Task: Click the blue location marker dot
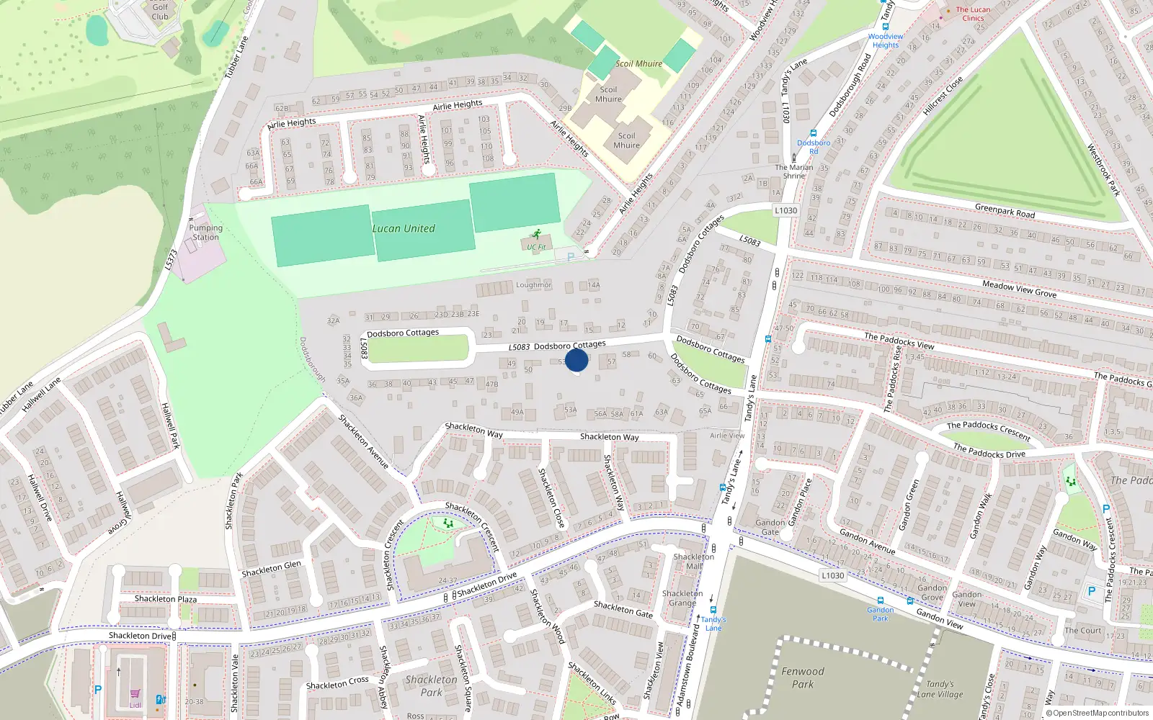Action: pyautogui.click(x=576, y=360)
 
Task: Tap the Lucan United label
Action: pyautogui.click(x=404, y=228)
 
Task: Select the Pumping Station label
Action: pyautogui.click(x=205, y=232)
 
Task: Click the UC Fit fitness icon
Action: pyautogui.click(x=536, y=234)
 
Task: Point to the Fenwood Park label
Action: pyautogui.click(x=802, y=678)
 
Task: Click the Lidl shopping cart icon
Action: pyautogui.click(x=135, y=694)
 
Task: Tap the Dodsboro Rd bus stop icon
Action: pyautogui.click(x=814, y=133)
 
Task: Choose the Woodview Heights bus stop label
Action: pyautogui.click(x=886, y=40)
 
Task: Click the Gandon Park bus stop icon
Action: pyautogui.click(x=880, y=600)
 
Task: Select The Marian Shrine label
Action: pyautogui.click(x=793, y=171)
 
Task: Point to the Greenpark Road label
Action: pyautogui.click(x=1005, y=211)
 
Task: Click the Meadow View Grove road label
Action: pyautogui.click(x=1019, y=289)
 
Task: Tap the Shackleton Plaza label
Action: pyautogui.click(x=165, y=598)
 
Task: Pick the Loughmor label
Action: pyautogui.click(x=533, y=285)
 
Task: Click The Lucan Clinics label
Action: pyautogui.click(x=973, y=14)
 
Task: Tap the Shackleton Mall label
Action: pyautogui.click(x=693, y=561)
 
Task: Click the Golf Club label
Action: pyautogui.click(x=160, y=12)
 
